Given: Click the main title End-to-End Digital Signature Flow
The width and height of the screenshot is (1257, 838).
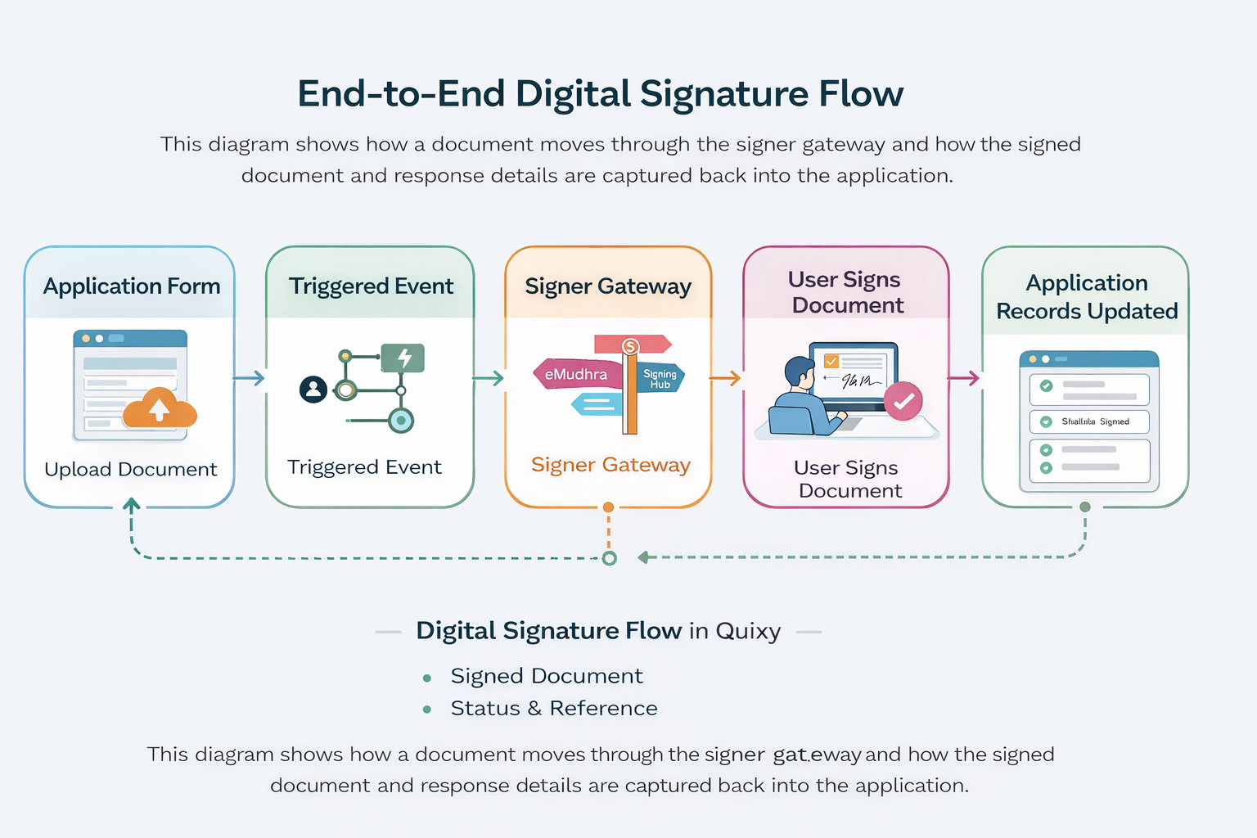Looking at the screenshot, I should point(600,93).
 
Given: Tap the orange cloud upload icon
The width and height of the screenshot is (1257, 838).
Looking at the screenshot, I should point(160,407).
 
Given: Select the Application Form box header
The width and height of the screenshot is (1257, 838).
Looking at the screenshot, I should point(131,286).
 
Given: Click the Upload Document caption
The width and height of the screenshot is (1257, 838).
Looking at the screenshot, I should point(131,469).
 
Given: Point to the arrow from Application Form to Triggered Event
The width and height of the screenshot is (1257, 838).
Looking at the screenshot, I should point(250,378).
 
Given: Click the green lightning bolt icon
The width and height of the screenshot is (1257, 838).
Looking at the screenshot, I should point(403,358).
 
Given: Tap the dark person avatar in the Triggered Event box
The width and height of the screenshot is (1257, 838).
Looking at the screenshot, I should point(313,389).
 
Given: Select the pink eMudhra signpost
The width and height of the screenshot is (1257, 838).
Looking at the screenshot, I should point(576,374).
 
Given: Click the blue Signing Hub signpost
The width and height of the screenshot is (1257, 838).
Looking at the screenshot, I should point(660,378).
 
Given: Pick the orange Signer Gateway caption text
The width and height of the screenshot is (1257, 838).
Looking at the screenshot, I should point(610,465).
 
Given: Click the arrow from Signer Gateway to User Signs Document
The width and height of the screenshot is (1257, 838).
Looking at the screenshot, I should point(726,378).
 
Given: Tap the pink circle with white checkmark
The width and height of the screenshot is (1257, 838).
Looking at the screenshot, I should point(903,401).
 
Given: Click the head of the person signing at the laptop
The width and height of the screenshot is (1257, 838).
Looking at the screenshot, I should point(798,373).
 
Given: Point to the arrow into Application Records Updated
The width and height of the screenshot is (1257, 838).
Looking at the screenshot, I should point(964,378).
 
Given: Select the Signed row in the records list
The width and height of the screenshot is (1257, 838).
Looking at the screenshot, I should point(1088,421).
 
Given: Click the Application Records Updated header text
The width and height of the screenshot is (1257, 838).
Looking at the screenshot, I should point(1087,297).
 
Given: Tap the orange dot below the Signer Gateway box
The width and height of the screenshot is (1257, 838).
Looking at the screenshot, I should point(608,507).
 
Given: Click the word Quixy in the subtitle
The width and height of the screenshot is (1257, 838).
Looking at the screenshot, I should point(748,631).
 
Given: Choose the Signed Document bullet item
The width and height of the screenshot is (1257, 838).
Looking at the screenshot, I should point(546,676).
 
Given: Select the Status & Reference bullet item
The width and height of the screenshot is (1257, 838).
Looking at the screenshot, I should point(553,708).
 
